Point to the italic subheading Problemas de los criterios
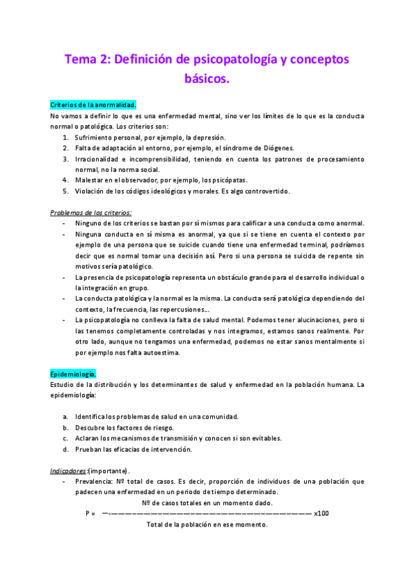[x=91, y=212]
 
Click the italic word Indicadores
[x=68, y=471]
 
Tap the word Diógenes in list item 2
[x=274, y=147]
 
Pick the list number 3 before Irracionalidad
[x=65, y=158]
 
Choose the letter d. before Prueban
[x=65, y=449]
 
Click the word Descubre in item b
[x=90, y=427]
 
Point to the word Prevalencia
[x=95, y=481]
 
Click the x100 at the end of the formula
[x=321, y=513]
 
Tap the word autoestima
[x=160, y=352]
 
